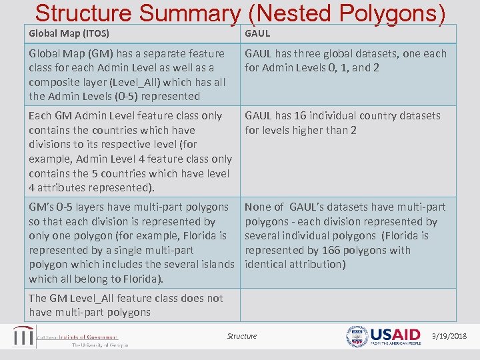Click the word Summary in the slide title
click(x=193, y=13)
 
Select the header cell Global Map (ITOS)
click(x=69, y=33)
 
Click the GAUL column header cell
click(x=257, y=33)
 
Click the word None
click(x=257, y=207)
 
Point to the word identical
click(x=267, y=264)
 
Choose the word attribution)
click(x=319, y=264)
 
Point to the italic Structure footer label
click(x=242, y=336)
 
